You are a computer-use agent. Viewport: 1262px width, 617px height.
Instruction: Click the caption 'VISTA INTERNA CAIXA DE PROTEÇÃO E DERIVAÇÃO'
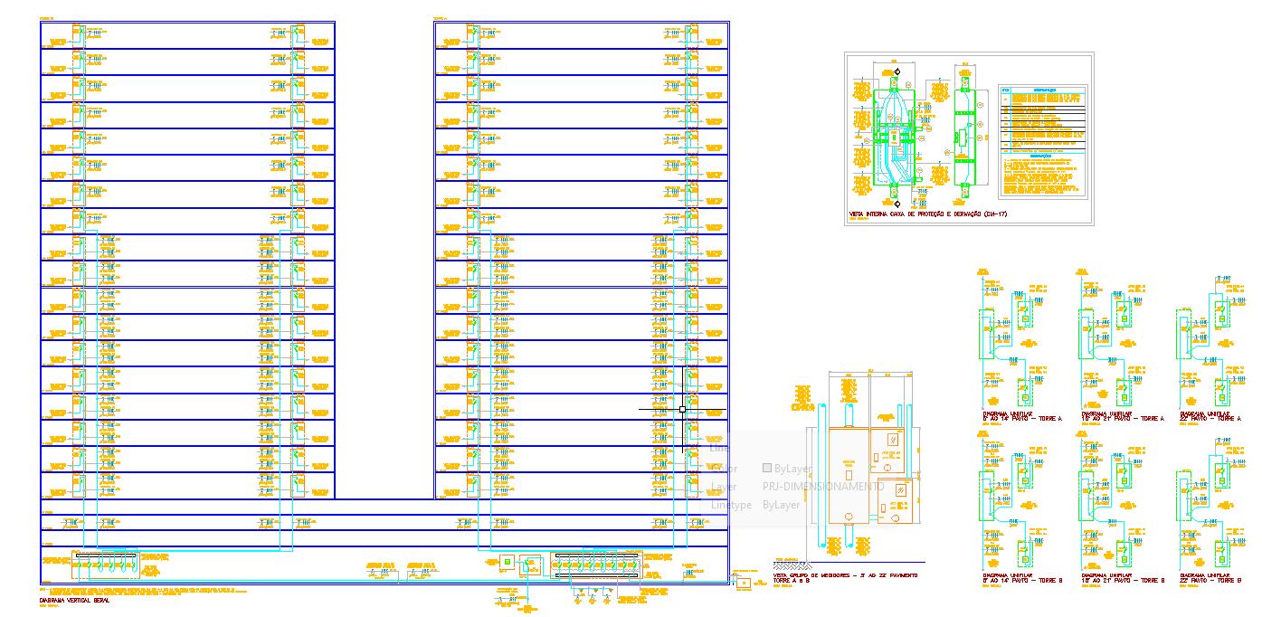(x=927, y=215)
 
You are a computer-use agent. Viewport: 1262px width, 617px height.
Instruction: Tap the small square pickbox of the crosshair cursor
(x=682, y=409)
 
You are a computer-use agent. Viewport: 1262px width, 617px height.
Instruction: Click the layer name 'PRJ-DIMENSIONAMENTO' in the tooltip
(x=823, y=487)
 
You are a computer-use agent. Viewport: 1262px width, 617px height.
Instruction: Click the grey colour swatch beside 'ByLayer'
(x=767, y=469)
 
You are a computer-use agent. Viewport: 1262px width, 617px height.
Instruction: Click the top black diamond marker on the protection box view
(x=897, y=71)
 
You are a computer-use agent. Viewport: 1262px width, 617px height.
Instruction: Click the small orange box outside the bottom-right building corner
(x=742, y=582)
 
